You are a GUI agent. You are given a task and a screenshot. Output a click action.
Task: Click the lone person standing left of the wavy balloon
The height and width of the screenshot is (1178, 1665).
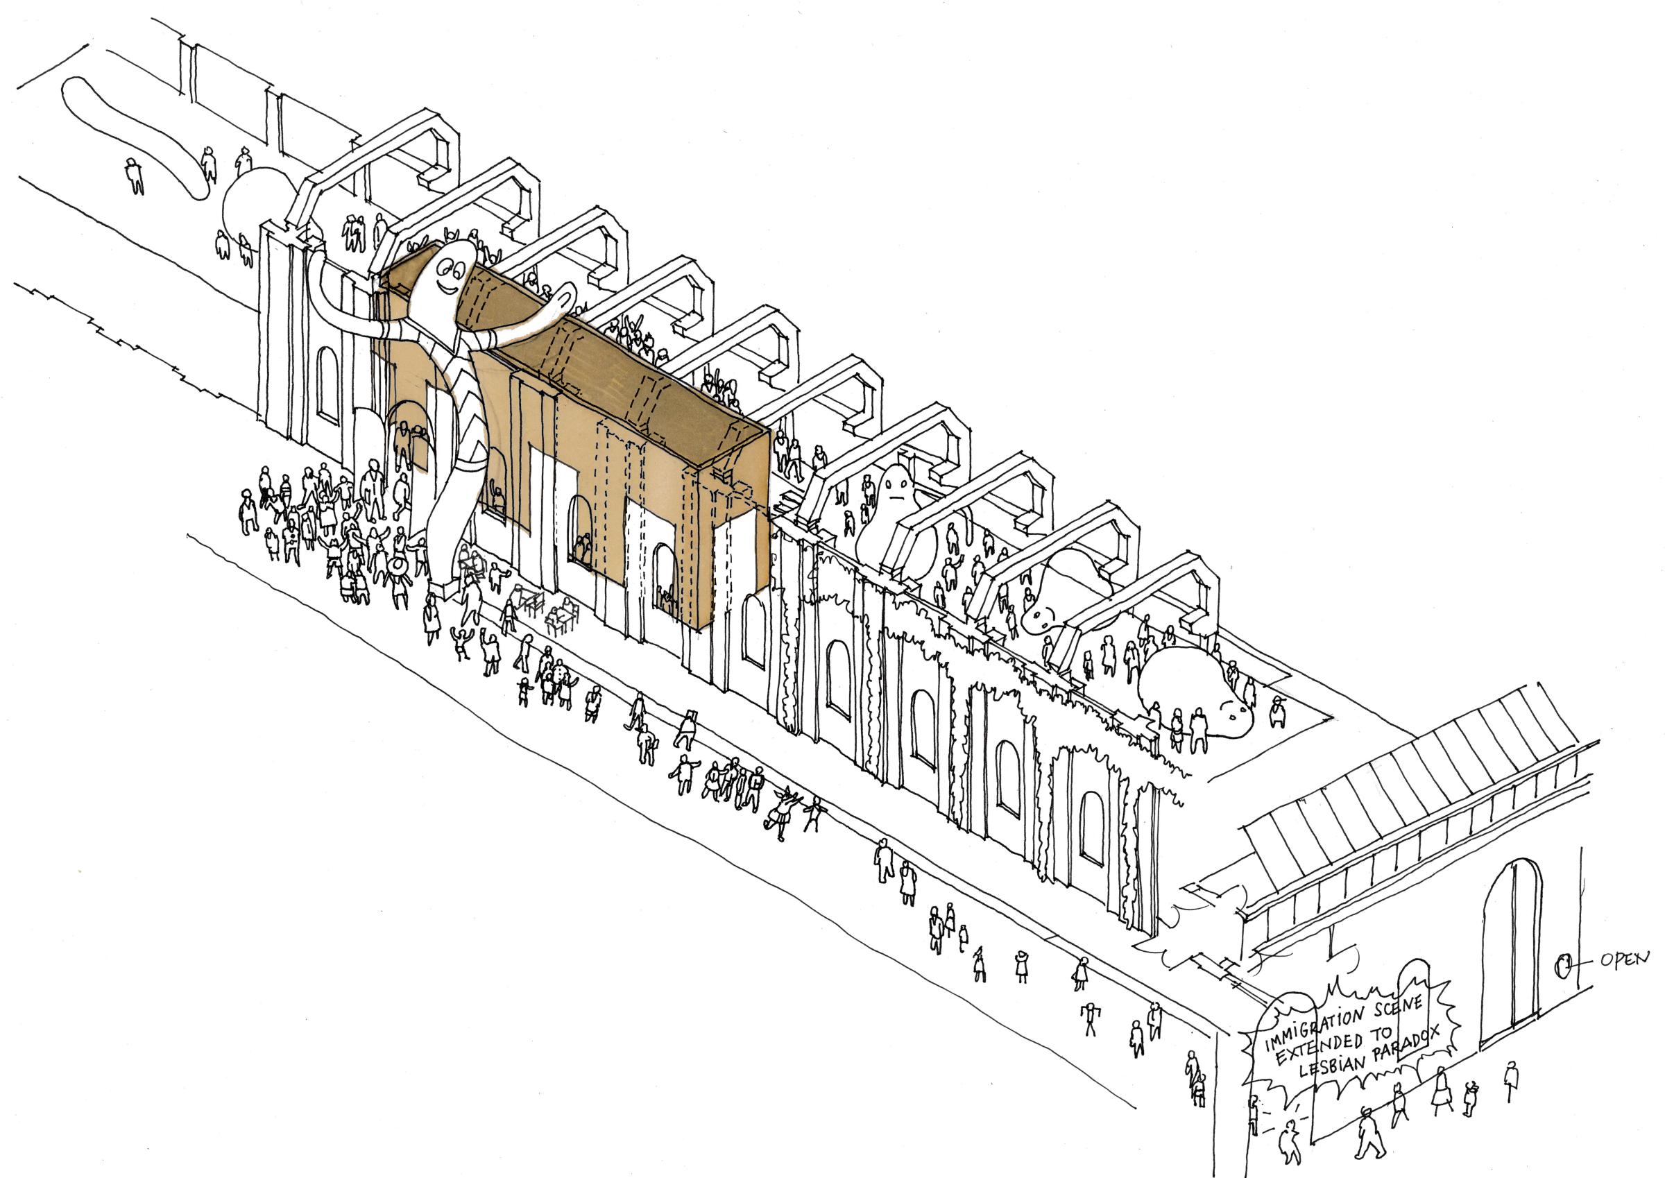(x=134, y=176)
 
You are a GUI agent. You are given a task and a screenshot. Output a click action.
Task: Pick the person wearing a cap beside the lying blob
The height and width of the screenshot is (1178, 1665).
(x=1276, y=712)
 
